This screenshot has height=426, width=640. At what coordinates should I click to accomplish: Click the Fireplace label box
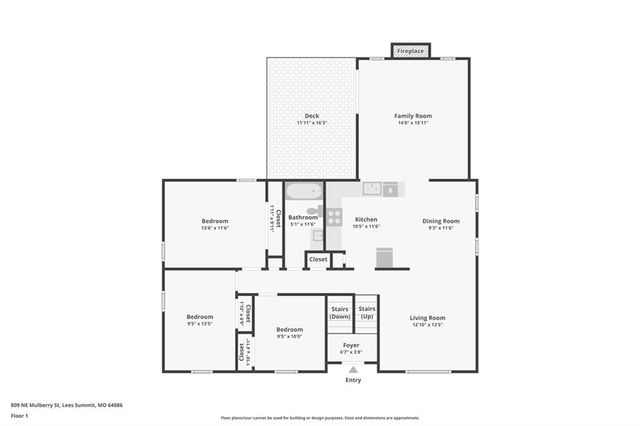point(411,50)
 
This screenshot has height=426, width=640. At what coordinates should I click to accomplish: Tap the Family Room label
point(411,117)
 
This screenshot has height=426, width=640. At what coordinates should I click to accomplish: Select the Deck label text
point(312,117)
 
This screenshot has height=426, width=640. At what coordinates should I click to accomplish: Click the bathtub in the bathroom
point(303,191)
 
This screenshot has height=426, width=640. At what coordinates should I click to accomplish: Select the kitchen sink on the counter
point(372,187)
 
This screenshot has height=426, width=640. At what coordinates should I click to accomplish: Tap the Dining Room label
point(440,221)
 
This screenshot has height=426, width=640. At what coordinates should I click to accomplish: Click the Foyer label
point(350,346)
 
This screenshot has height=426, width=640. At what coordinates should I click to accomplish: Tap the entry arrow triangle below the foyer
point(353,370)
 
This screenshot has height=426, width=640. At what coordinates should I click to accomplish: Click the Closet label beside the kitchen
point(318,259)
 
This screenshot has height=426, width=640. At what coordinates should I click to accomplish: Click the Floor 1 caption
point(21,415)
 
